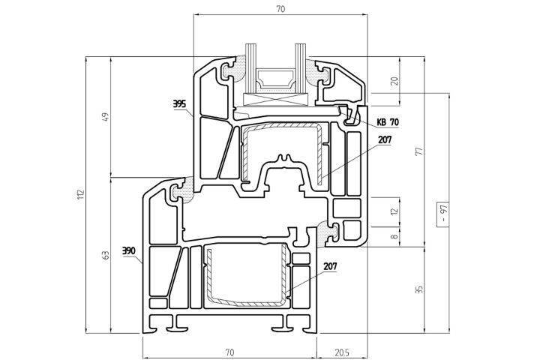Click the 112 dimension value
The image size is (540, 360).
(x=81, y=195)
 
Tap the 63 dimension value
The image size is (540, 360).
(x=106, y=256)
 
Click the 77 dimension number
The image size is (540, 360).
(x=418, y=150)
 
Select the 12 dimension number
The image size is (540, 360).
(x=395, y=212)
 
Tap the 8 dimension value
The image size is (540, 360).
(x=395, y=238)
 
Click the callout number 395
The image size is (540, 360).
(x=178, y=104)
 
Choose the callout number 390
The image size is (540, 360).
(x=128, y=250)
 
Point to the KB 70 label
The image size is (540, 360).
(x=388, y=121)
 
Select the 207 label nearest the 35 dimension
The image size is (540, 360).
(x=331, y=266)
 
